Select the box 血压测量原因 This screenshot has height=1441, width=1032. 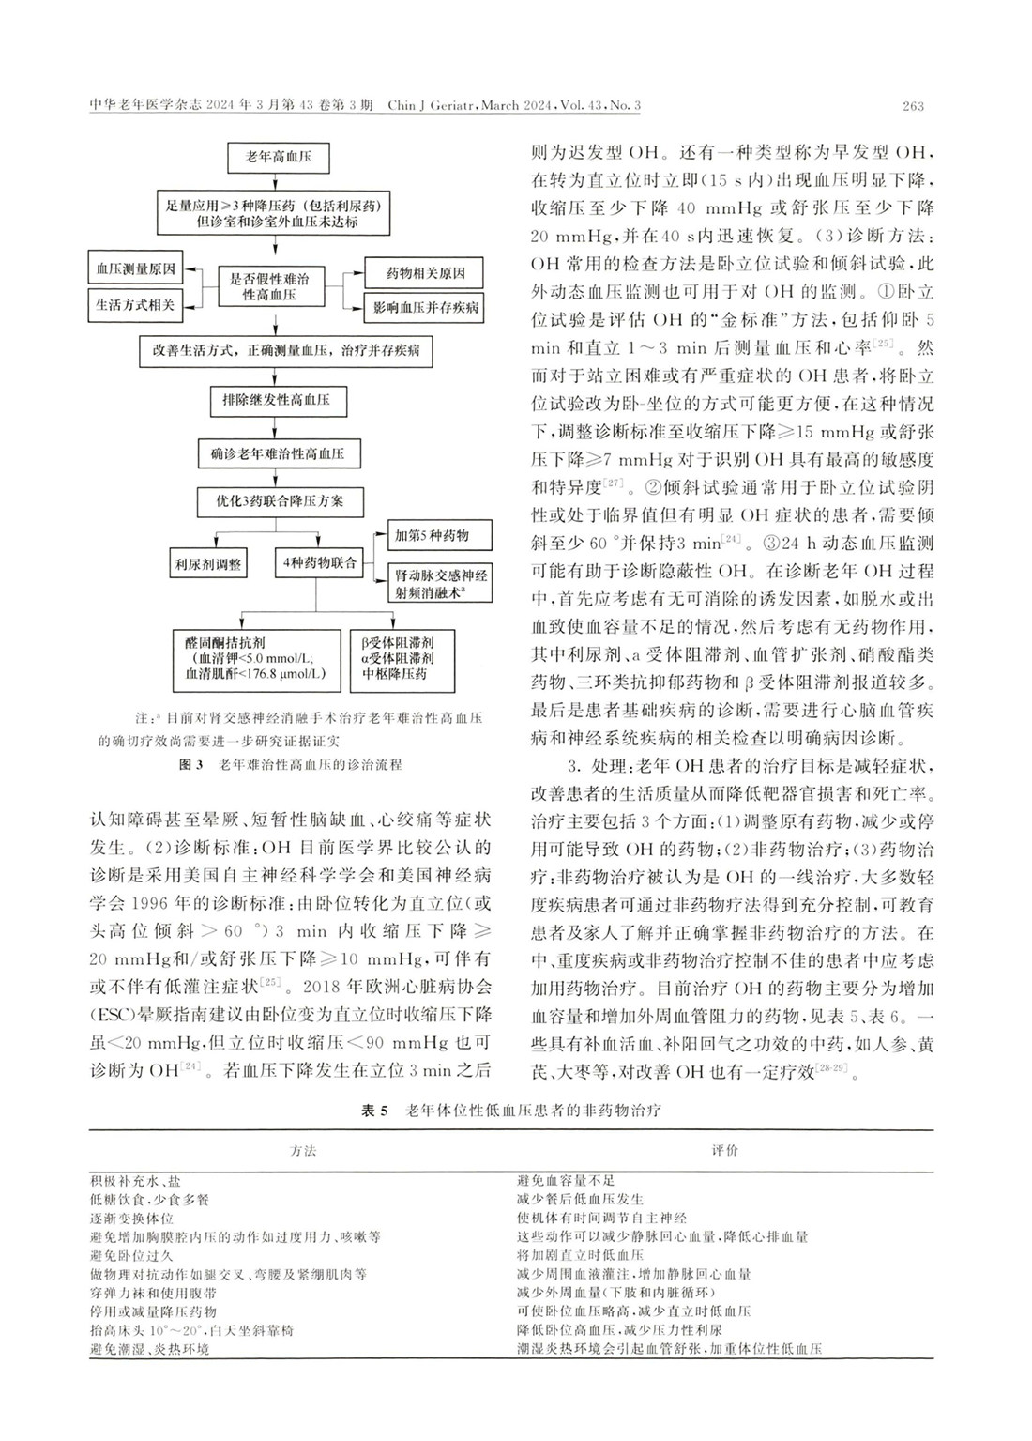134,269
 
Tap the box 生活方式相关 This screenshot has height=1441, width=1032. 134,305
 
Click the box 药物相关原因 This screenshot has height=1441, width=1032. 426,274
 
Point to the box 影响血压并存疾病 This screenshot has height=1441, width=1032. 426,307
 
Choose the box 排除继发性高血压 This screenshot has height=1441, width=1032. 276,400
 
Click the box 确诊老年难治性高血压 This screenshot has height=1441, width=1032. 277,454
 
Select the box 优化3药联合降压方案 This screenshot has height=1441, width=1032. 280,501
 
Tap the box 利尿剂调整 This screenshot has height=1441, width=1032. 207,564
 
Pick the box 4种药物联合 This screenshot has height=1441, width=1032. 319,563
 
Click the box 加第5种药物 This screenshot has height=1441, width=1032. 431,536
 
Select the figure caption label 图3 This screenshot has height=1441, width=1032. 191,765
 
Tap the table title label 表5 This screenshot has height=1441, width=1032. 373,1111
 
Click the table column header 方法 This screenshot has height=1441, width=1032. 303,1150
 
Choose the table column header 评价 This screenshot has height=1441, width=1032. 724,1150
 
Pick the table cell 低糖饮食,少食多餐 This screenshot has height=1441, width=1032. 150,1199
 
